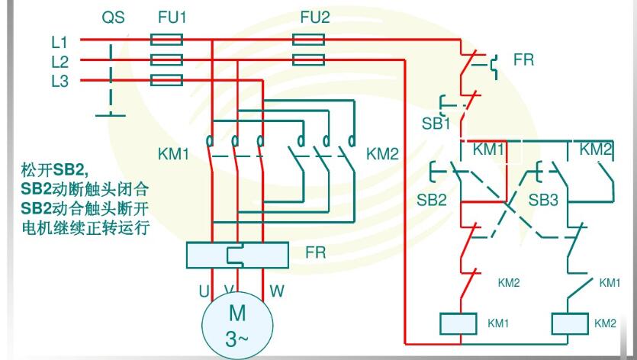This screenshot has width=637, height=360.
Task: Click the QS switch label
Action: [113, 18]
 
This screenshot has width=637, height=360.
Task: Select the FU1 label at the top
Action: [171, 18]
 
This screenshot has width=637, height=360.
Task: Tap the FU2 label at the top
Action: [314, 18]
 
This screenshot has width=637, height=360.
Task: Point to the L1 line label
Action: [60, 43]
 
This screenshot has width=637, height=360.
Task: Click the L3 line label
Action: [60, 81]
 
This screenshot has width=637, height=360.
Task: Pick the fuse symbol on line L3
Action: [167, 79]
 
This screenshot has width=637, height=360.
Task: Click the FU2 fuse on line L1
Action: [308, 40]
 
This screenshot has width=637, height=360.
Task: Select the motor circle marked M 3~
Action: [237, 325]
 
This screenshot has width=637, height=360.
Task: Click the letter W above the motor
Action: [276, 291]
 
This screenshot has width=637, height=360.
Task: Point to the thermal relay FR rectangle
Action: [237, 254]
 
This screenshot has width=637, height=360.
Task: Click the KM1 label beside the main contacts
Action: [173, 154]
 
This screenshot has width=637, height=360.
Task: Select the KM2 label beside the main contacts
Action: [382, 154]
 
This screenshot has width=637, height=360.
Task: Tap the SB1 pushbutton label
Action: [436, 124]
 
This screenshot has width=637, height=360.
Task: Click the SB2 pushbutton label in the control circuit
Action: [432, 200]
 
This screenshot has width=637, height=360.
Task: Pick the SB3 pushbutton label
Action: [543, 200]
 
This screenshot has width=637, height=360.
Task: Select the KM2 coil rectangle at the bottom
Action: [570, 323]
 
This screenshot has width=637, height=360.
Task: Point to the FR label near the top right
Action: [523, 59]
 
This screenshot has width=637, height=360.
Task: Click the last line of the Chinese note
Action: [84, 227]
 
